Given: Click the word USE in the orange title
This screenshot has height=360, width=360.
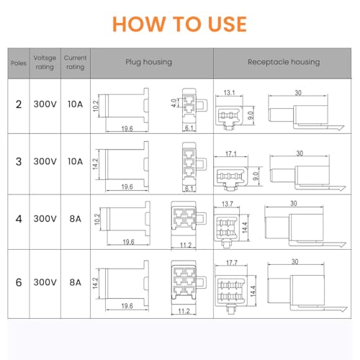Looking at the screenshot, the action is [x=228, y=24].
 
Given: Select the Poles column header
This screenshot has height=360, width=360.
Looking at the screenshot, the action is [x=19, y=63].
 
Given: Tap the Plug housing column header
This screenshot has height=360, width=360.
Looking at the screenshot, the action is [x=149, y=62].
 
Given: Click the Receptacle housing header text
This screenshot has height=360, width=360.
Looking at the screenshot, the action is [x=284, y=62].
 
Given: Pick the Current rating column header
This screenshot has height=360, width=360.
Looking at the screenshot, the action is [x=75, y=62].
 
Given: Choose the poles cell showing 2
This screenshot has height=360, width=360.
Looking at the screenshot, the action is [x=19, y=104].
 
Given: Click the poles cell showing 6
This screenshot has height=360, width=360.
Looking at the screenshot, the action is [x=19, y=282].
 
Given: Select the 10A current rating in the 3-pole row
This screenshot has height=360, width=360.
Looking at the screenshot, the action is [x=75, y=161].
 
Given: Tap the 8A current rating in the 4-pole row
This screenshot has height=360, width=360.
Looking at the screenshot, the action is [x=75, y=219].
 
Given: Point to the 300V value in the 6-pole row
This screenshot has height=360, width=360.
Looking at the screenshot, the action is [x=45, y=282].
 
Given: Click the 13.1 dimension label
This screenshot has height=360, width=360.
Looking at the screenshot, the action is [x=230, y=93].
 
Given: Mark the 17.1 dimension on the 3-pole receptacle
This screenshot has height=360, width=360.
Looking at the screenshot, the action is [x=231, y=153].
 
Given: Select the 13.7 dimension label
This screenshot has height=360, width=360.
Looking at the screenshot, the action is [x=228, y=204].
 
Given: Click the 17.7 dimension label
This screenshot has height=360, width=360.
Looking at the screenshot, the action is [x=232, y=263].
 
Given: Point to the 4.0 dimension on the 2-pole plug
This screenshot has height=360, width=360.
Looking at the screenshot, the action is [x=174, y=103].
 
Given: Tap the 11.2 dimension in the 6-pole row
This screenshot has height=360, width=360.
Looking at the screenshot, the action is [x=184, y=311].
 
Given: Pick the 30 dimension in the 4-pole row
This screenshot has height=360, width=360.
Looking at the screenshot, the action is [x=294, y=204].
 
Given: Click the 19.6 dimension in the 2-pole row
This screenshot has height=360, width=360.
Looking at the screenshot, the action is [x=127, y=129].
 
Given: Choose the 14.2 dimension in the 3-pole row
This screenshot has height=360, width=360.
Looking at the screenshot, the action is [x=95, y=164].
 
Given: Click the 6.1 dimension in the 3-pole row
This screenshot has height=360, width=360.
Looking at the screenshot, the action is [x=189, y=189].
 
